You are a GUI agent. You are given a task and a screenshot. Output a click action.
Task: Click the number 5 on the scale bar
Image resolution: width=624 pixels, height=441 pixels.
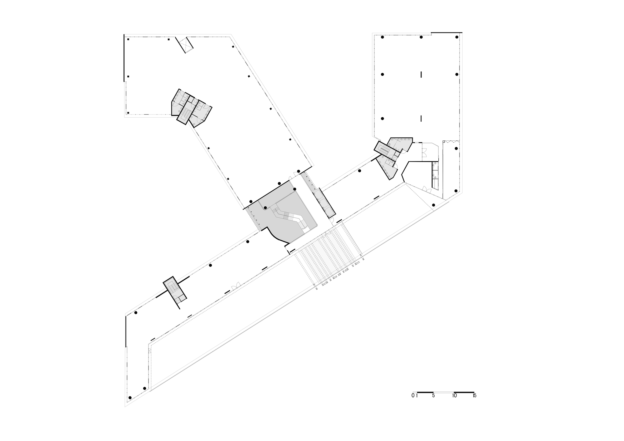433,396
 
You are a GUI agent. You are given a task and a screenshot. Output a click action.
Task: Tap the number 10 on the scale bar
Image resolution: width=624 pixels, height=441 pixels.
454,396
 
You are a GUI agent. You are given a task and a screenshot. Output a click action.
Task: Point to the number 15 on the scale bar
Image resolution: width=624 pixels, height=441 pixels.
474,396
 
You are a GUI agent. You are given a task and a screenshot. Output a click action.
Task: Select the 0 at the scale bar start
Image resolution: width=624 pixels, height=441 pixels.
413,396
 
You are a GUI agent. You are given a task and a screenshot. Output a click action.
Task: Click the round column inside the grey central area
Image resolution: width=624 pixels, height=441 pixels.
265,208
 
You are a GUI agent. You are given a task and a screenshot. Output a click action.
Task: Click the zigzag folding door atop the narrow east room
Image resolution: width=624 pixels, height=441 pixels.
451,141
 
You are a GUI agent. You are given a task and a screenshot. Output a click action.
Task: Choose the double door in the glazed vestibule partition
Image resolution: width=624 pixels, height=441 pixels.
424,152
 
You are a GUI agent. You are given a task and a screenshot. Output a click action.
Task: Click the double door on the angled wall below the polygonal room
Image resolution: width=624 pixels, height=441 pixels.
425,188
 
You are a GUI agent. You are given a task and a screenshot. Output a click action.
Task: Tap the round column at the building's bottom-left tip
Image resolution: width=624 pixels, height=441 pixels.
130,397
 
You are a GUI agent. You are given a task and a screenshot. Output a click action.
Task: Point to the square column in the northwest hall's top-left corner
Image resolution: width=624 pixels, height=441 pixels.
128,39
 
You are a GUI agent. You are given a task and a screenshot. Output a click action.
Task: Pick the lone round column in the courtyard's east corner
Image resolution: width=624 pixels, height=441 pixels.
433,205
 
